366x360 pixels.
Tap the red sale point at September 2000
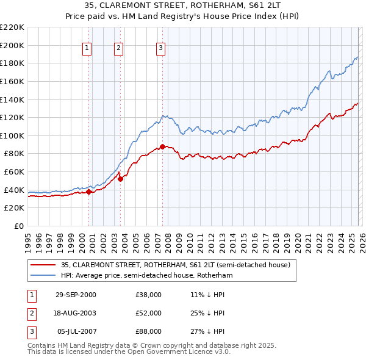[89, 192]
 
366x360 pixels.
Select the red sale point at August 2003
[120, 179]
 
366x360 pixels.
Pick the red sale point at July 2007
[162, 146]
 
